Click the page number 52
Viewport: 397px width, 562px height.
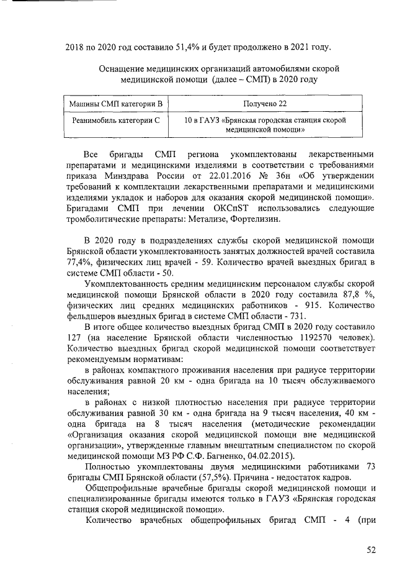point(371,549)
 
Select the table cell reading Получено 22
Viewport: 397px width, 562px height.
point(264,102)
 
